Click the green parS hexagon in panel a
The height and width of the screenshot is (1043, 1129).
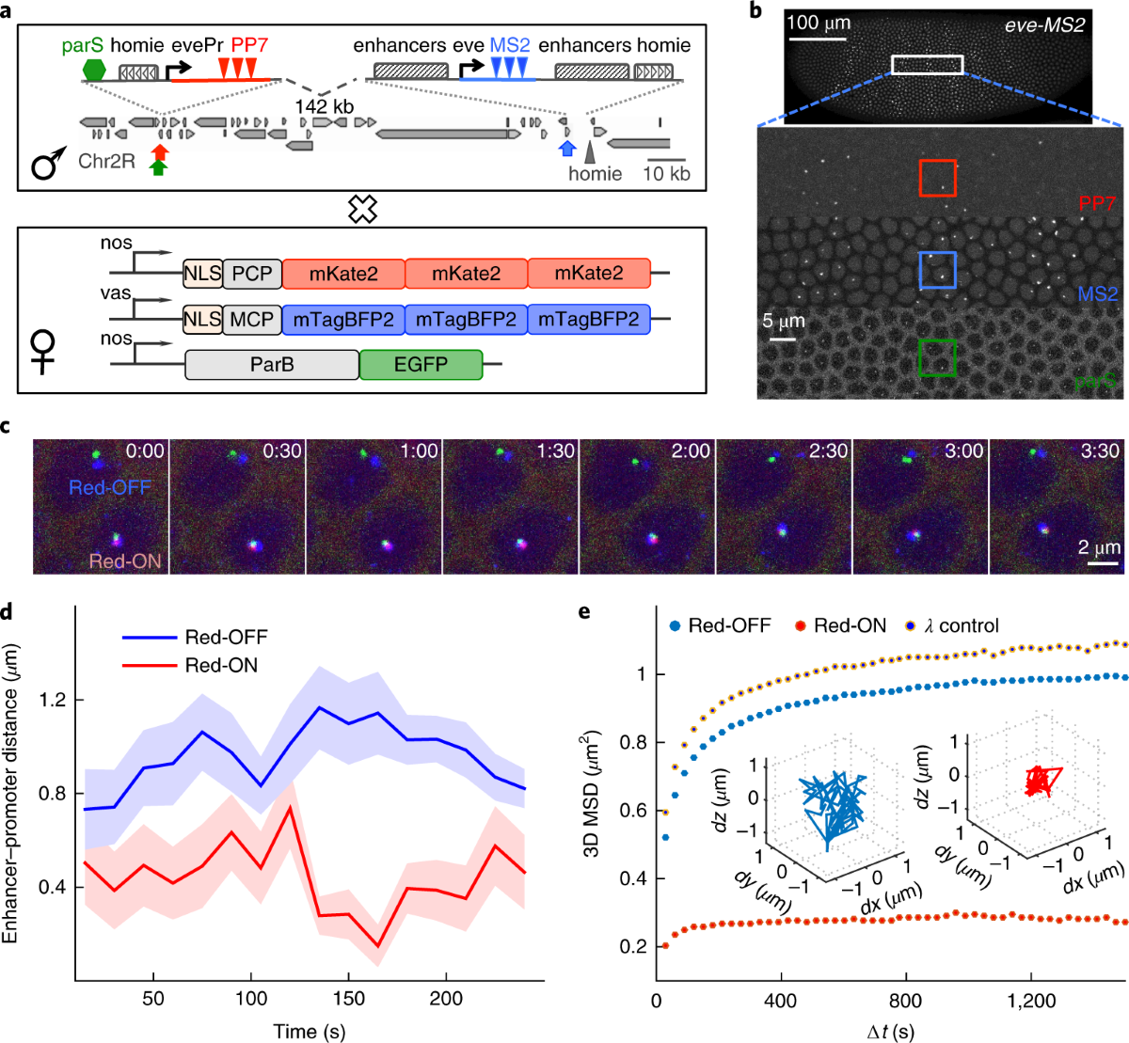(x=95, y=70)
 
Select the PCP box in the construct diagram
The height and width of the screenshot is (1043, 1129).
(x=251, y=274)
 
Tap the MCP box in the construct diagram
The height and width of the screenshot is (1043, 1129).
(x=251, y=320)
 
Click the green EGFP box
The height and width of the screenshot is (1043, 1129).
(x=421, y=364)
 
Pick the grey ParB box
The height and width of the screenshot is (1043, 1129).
(x=272, y=364)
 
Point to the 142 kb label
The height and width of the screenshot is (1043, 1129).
(x=324, y=106)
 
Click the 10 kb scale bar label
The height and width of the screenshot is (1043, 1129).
(x=666, y=174)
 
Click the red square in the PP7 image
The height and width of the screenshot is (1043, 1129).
(x=937, y=178)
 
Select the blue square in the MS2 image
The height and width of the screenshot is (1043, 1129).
(x=937, y=270)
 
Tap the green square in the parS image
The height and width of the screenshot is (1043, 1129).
(x=937, y=357)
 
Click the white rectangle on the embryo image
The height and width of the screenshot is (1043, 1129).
(x=927, y=64)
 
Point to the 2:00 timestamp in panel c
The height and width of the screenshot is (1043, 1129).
(x=691, y=451)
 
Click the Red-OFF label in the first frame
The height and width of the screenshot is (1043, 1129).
(x=110, y=487)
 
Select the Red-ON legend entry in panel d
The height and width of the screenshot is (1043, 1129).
(x=221, y=666)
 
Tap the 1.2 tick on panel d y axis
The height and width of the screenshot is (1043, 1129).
(x=54, y=701)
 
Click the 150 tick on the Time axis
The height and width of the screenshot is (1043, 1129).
(x=349, y=999)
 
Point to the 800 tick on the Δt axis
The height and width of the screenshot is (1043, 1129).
(x=906, y=1001)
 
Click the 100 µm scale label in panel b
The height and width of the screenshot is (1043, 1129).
(x=819, y=22)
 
